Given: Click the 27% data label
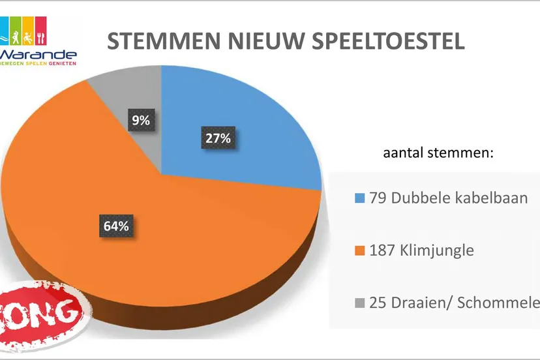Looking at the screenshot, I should pyautogui.click(x=217, y=138).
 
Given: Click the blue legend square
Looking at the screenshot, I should pyautogui.click(x=359, y=198).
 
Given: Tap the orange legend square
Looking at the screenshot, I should pyautogui.click(x=359, y=250).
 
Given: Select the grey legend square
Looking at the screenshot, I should pyautogui.click(x=359, y=303).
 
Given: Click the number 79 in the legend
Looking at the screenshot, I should pyautogui.click(x=376, y=198).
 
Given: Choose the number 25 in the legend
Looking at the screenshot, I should pyautogui.click(x=377, y=303).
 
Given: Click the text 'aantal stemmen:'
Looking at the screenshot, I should pyautogui.click(x=436, y=155).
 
